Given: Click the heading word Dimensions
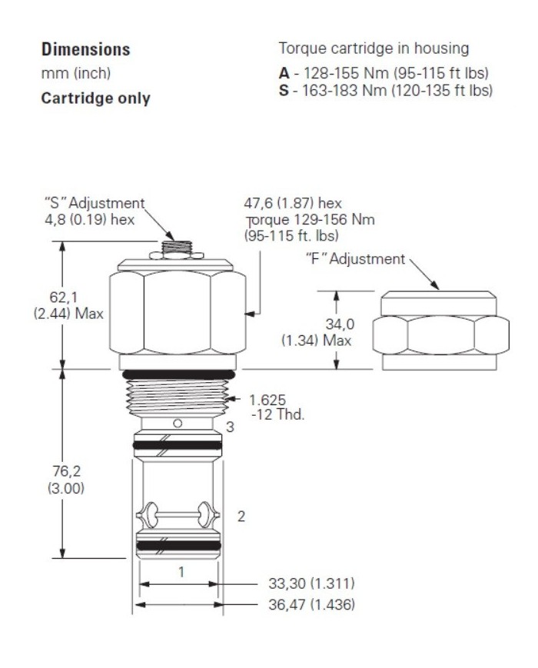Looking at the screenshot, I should point(85,50).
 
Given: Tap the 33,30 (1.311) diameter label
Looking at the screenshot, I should point(311,583).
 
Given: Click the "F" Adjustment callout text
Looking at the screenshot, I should point(350,259).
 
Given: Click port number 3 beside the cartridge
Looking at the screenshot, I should point(229,427).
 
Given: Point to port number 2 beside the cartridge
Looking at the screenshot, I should point(241,517).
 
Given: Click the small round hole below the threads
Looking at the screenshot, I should point(178,423).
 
